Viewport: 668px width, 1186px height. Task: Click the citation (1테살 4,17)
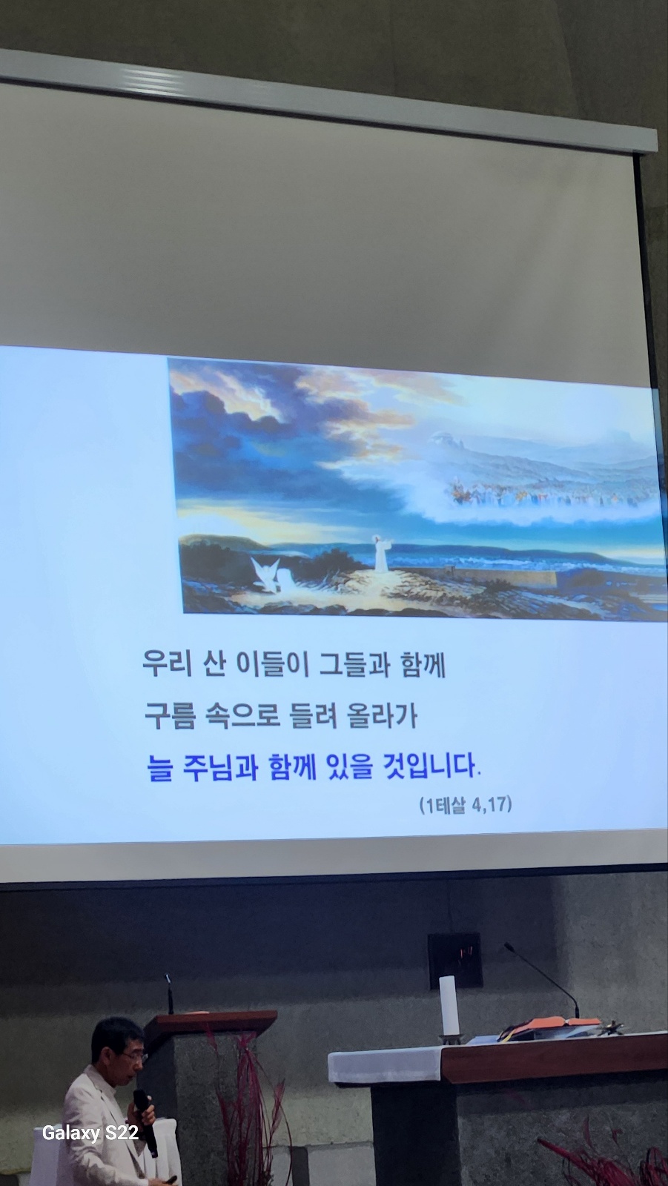(466, 805)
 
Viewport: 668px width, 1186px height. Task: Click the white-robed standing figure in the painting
(382, 552)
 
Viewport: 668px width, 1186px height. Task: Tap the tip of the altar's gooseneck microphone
(506, 944)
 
